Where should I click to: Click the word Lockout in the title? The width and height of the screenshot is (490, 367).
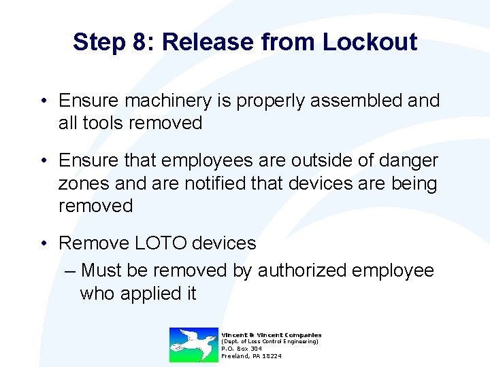[370, 42]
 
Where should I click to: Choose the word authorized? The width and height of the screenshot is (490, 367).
[306, 270]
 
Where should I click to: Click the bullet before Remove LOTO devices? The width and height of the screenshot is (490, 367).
[43, 243]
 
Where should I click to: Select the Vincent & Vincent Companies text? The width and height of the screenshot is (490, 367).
[272, 334]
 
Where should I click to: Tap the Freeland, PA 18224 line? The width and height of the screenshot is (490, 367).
[251, 356]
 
